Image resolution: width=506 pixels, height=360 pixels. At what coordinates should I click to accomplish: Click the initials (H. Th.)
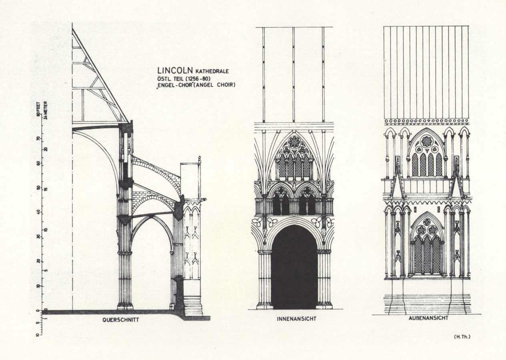click(x=462, y=336)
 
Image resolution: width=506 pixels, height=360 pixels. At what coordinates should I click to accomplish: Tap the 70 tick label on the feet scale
click(x=38, y=138)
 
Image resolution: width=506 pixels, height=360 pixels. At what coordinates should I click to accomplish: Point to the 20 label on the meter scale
click(x=46, y=149)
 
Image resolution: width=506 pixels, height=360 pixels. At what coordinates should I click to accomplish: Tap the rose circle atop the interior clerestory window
click(x=294, y=142)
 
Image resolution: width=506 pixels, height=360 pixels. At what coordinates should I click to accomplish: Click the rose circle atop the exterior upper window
click(x=427, y=141)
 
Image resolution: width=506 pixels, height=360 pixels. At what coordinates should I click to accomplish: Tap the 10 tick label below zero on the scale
click(x=38, y=334)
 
